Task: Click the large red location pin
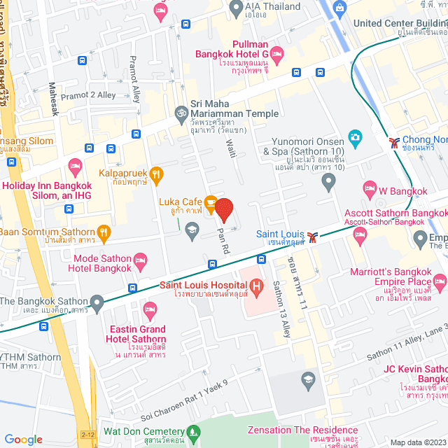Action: tap(223, 210)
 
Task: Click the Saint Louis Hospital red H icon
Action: tap(256, 285)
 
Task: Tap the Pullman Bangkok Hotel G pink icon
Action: tap(276, 53)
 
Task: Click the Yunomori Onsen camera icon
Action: tap(355, 136)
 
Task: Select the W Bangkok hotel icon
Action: tap(370, 188)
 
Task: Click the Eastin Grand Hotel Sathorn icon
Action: tap(150, 309)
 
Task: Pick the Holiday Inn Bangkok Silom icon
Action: tap(75, 167)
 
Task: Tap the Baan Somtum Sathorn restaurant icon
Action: tap(104, 232)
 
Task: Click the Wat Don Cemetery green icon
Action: tap(108, 430)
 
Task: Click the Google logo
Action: tap(23, 440)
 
